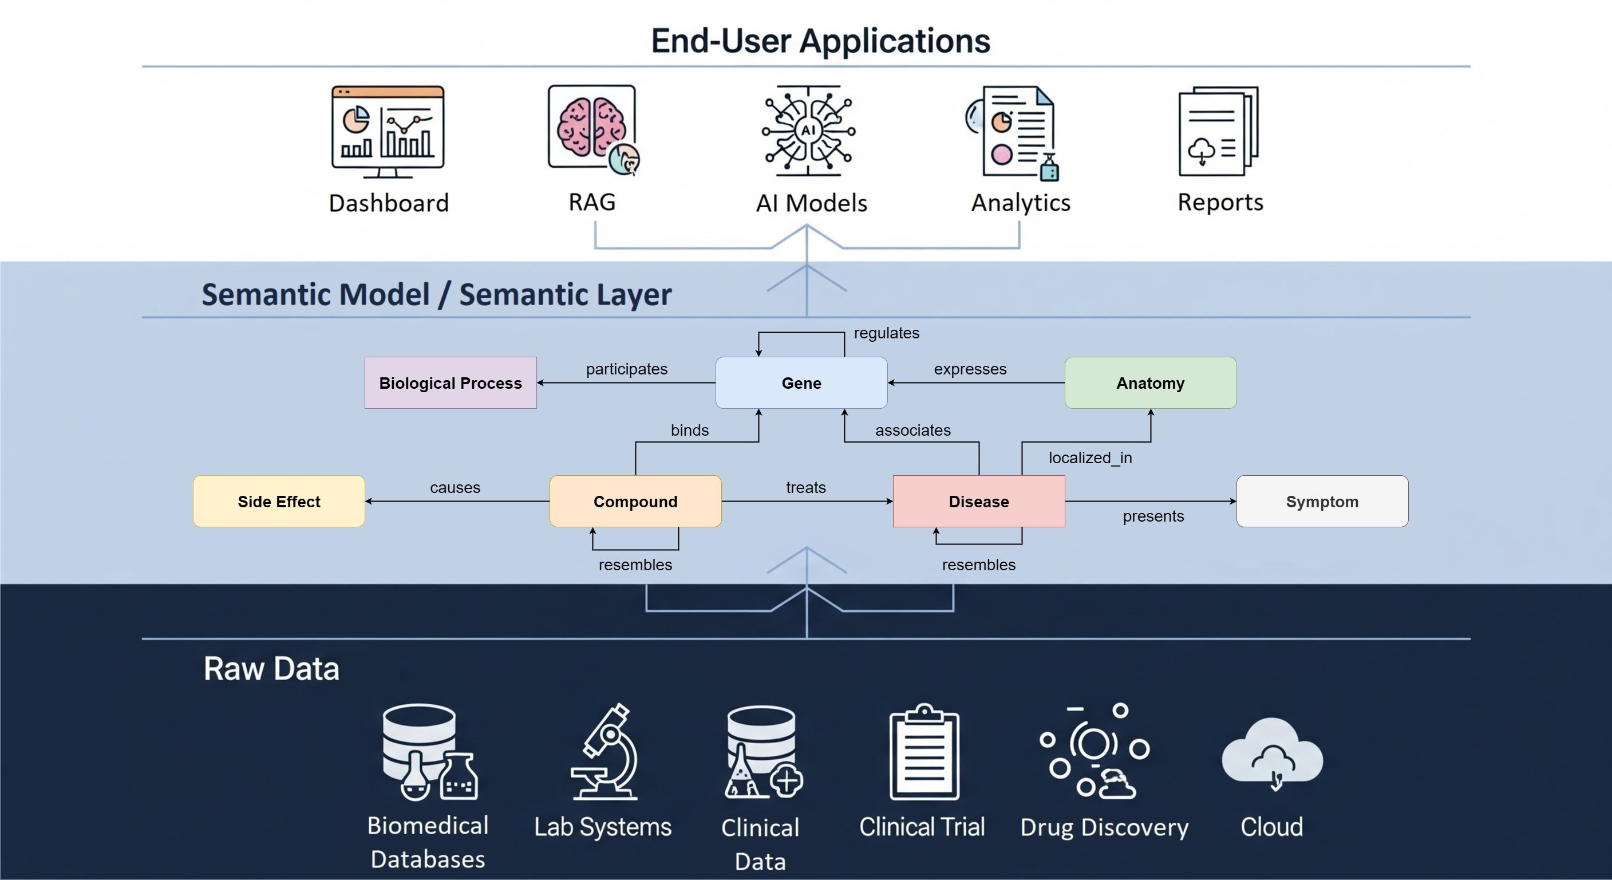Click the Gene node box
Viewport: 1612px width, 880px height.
click(x=801, y=382)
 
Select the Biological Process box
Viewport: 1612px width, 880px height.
click(x=450, y=382)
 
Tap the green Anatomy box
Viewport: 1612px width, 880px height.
click(x=1150, y=382)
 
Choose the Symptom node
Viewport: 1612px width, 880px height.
click(x=1322, y=502)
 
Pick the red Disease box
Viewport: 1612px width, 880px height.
click(x=978, y=502)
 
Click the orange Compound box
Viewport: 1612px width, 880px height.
click(x=635, y=502)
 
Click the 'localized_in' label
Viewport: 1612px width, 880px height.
click(x=1090, y=457)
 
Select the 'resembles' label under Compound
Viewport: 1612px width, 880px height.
click(x=635, y=565)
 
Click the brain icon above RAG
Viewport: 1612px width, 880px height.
click(x=592, y=128)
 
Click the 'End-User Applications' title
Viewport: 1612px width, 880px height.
click(x=820, y=41)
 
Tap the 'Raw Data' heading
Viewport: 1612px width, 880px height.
click(x=271, y=669)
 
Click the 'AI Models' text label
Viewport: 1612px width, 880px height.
click(x=811, y=203)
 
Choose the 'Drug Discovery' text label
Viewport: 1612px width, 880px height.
click(x=1104, y=827)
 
